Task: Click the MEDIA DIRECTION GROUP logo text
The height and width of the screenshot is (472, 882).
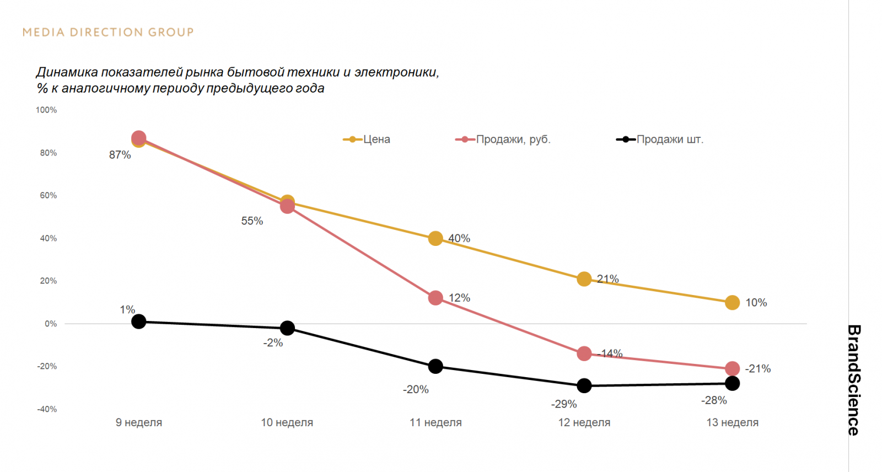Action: [108, 32]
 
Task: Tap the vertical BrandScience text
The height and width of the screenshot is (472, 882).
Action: [853, 380]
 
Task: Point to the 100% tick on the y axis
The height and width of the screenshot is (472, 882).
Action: [46, 110]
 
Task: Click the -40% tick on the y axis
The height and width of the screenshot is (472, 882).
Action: [47, 409]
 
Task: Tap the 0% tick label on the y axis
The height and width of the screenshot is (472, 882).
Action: [51, 324]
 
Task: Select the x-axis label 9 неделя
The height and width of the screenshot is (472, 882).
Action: [139, 422]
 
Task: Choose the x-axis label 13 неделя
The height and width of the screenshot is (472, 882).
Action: [732, 422]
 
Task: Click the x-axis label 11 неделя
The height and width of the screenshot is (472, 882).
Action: [435, 422]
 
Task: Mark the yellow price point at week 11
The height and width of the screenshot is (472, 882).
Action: [435, 238]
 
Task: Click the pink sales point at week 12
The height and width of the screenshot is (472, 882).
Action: [584, 353]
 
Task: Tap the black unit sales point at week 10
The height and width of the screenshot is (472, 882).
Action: [287, 328]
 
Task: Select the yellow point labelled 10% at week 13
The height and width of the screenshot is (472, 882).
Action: [732, 302]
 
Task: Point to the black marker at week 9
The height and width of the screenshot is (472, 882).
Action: [139, 321]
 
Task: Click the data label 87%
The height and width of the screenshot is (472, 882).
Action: [120, 155]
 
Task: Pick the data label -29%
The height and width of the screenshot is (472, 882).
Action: [563, 404]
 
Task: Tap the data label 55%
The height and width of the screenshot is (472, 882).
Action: [252, 221]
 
